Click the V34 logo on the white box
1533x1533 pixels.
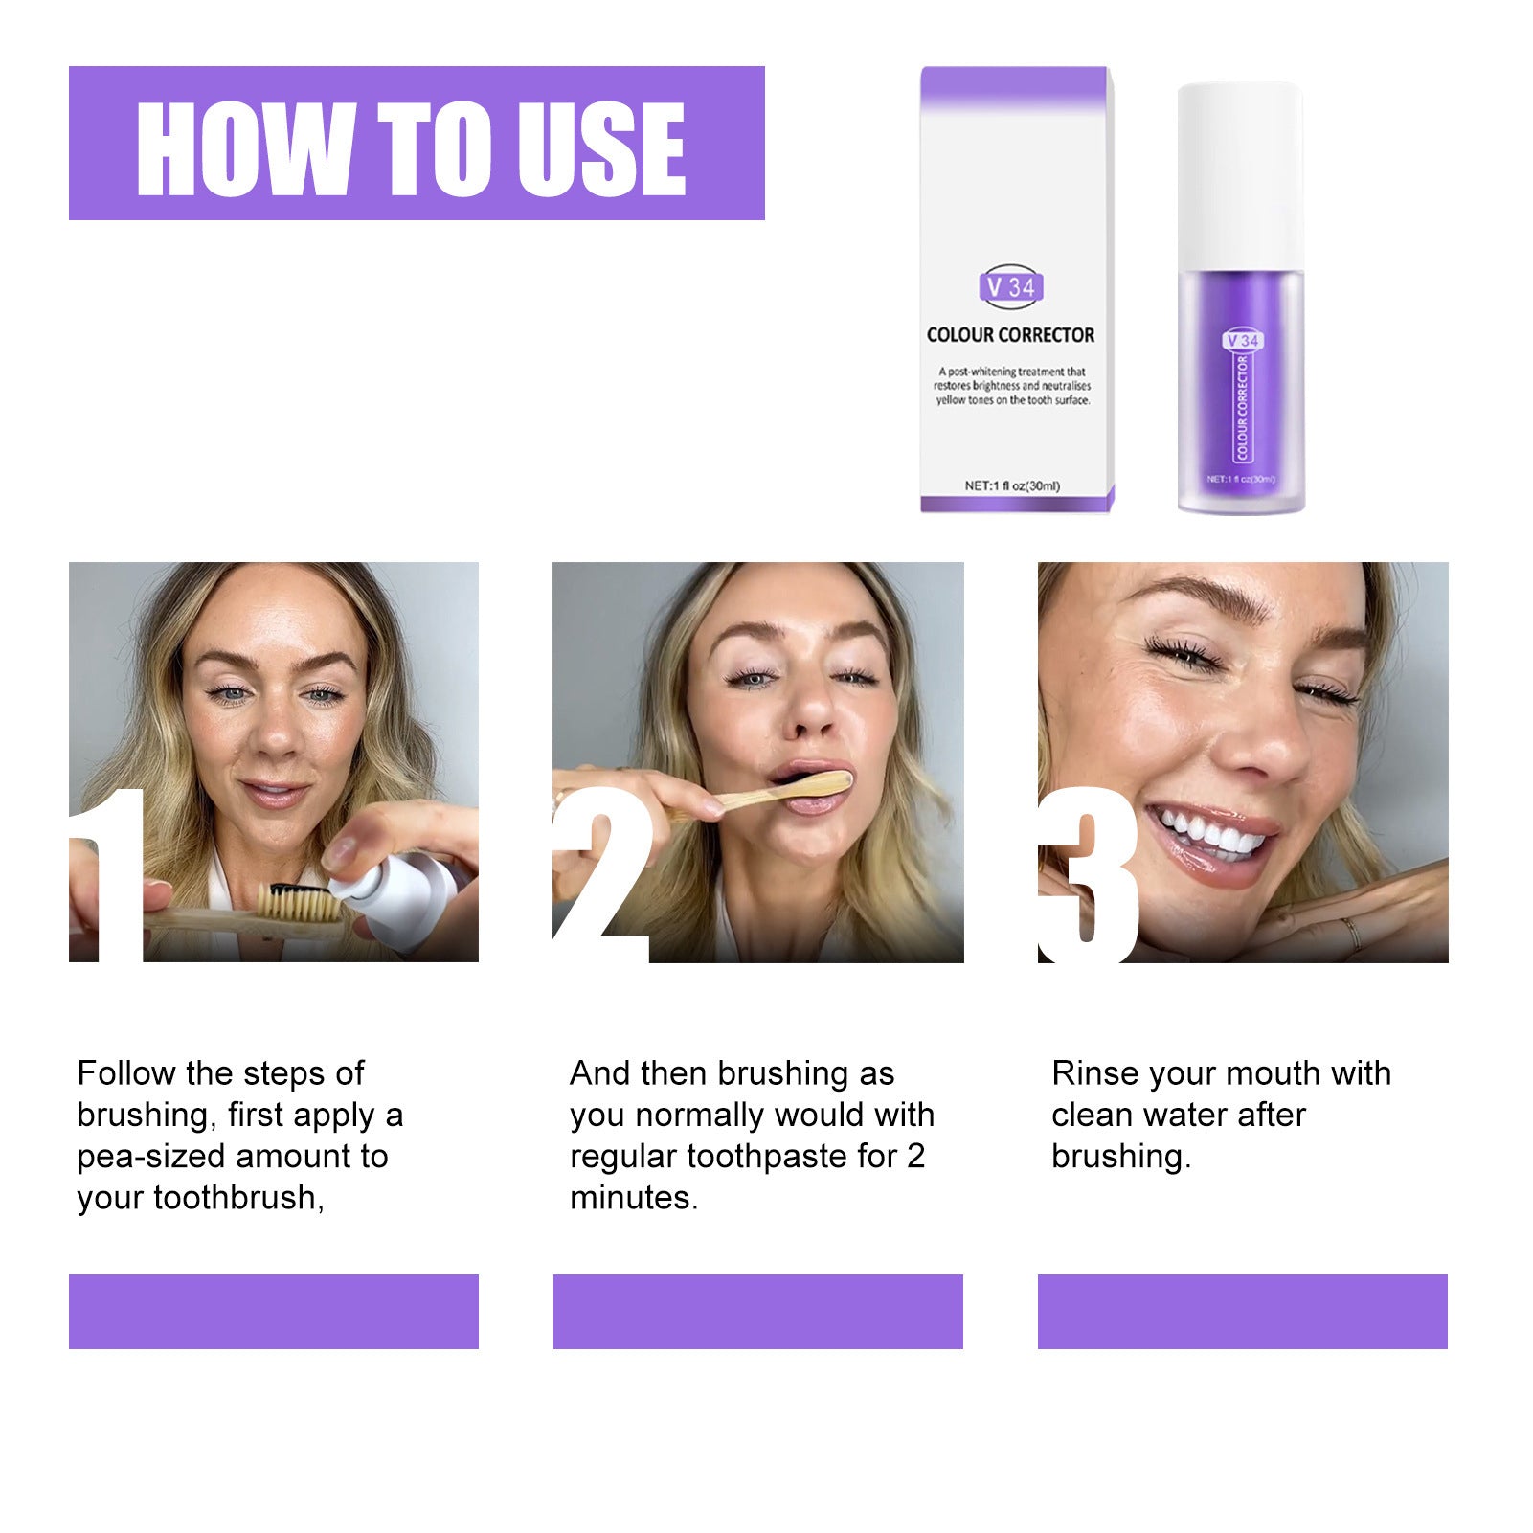1011,286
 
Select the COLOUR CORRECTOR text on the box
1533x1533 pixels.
1010,335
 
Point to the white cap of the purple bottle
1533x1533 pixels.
1239,172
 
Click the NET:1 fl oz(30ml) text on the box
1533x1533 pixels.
1011,485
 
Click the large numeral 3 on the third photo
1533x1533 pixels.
1090,876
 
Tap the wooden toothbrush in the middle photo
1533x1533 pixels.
776,793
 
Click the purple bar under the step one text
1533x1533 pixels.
274,1311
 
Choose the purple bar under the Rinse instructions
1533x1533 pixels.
1242,1311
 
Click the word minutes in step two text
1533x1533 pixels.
632,1198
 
